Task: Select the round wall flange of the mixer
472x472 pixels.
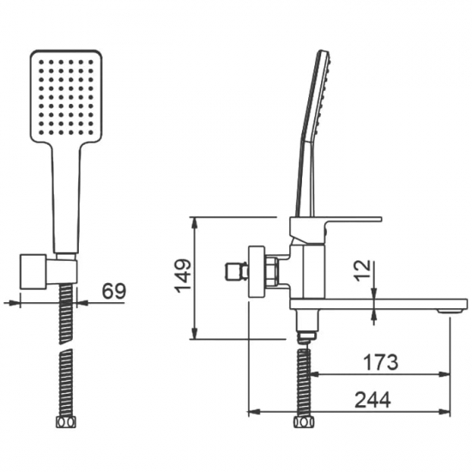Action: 255,272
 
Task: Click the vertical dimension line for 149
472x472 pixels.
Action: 197,276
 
